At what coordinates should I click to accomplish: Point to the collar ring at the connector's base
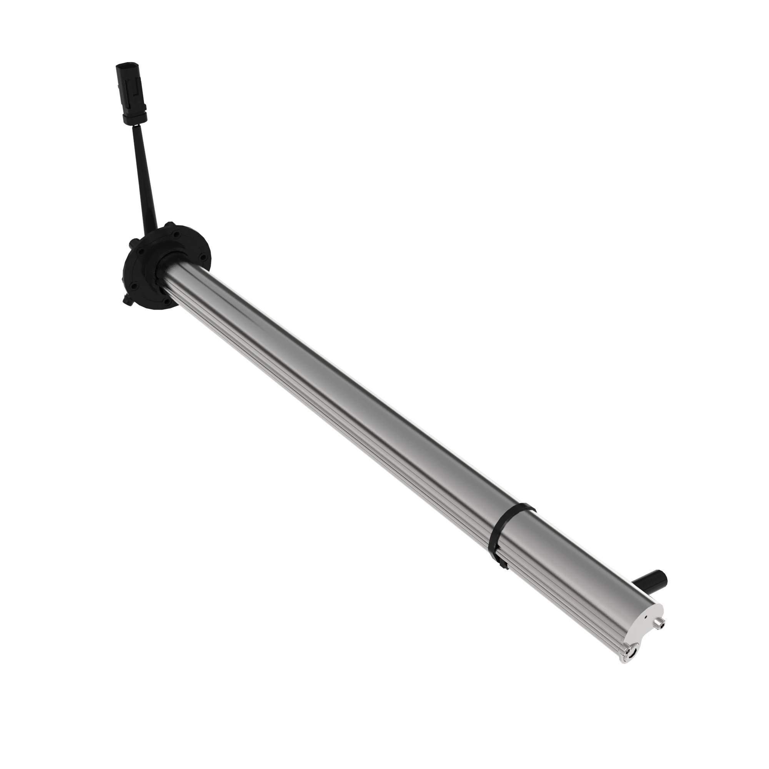pos(135,117)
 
